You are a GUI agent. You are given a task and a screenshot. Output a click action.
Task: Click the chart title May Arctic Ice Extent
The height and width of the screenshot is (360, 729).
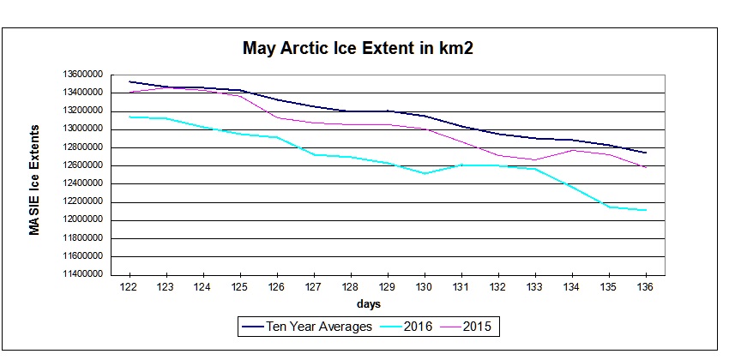[358, 49]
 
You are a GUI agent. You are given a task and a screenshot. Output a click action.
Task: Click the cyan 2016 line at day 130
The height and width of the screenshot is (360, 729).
[424, 173]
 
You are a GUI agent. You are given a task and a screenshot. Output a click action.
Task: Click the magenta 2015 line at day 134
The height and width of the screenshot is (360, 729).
[571, 150]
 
